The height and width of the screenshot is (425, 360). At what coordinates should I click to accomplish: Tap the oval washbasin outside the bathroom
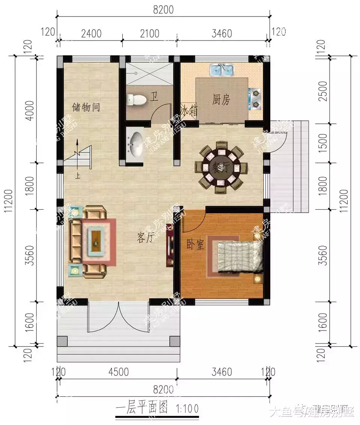(x=135, y=142)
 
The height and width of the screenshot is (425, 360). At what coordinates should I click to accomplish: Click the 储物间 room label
(x=86, y=108)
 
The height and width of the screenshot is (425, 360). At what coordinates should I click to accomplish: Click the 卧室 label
(x=195, y=245)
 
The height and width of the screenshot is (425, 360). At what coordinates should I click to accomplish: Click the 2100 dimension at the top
(x=149, y=33)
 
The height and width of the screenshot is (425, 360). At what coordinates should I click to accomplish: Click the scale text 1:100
(x=186, y=408)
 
